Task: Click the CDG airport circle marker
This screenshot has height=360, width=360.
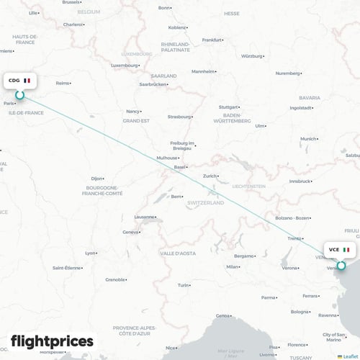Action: pyautogui.click(x=20, y=94)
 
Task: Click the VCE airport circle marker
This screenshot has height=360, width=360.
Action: pyautogui.click(x=341, y=265)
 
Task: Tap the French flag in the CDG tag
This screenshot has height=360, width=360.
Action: pyautogui.click(x=27, y=80)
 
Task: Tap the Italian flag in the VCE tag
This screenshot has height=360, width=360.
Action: pyautogui.click(x=346, y=250)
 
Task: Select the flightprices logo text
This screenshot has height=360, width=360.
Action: pyautogui.click(x=52, y=341)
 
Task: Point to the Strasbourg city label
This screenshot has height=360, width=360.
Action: pyautogui.click(x=176, y=115)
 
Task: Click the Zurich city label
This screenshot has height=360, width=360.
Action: pyautogui.click(x=210, y=176)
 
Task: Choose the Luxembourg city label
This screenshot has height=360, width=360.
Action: pyautogui.click(x=123, y=66)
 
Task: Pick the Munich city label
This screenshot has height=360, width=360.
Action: pyautogui.click(x=309, y=138)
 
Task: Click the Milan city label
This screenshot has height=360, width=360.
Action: pyautogui.click(x=233, y=266)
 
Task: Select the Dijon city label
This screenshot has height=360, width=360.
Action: pyautogui.click(x=97, y=178)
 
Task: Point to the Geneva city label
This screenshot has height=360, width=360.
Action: pyautogui.click(x=130, y=232)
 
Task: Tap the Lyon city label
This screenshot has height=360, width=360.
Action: pyautogui.click(x=91, y=253)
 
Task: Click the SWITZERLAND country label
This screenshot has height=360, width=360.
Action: pyautogui.click(x=206, y=203)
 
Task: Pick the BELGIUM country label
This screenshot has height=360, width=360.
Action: pyautogui.click(x=89, y=12)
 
